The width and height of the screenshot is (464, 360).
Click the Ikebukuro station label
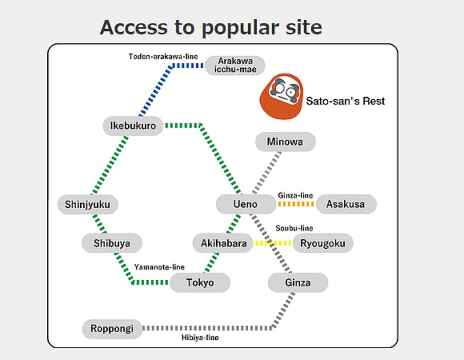pos(133,126)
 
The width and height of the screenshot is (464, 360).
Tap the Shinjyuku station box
pos(88,204)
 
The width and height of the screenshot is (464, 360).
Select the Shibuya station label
pos(112,243)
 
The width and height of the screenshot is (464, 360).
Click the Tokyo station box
pos(200,283)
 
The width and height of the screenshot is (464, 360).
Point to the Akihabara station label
pos(224,243)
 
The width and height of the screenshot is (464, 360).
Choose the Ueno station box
pos(245,204)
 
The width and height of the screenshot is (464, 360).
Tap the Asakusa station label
pos(346,204)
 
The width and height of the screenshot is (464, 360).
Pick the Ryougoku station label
pos(322,243)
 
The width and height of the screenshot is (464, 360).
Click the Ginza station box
pos(298,283)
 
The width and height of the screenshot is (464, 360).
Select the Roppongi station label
pos(112,329)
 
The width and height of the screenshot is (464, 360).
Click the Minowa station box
pos(285,141)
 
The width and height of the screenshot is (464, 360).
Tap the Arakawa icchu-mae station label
pos(234,65)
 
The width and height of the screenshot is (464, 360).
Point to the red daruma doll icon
pos(281,96)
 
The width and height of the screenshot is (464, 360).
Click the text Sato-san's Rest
pos(345,101)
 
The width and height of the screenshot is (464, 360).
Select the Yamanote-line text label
pos(159,267)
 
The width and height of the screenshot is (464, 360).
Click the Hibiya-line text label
pos(200,338)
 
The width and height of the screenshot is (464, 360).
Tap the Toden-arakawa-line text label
pos(163,57)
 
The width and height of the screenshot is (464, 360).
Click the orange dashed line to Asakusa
pos(296,204)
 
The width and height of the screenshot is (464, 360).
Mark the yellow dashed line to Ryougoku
pos(273,243)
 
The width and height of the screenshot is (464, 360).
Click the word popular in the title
pos(241,28)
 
